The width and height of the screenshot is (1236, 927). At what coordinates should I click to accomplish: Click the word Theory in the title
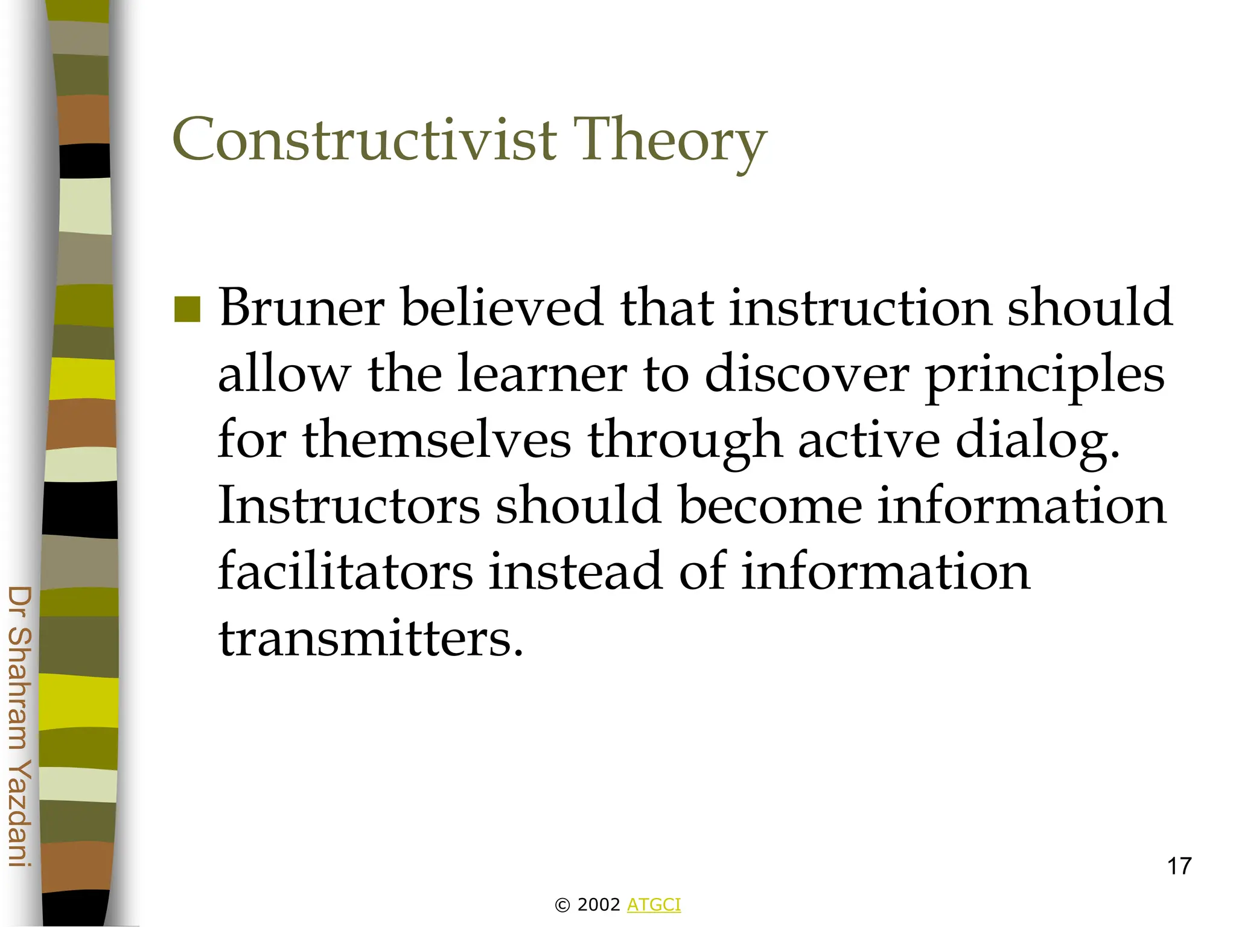point(669,140)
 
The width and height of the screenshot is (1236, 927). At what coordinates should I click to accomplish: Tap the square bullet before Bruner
point(187,310)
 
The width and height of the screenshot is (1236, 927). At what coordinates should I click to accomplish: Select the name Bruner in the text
point(302,308)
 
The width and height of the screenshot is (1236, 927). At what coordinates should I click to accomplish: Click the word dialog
point(1037,441)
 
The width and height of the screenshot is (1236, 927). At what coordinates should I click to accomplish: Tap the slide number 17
point(1179,867)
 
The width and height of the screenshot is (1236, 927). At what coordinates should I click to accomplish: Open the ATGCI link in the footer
point(654,905)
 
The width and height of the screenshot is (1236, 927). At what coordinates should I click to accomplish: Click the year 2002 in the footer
point(598,905)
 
